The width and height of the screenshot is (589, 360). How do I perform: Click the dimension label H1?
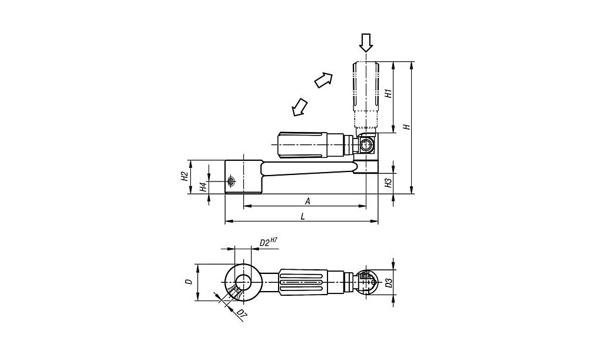[x=389, y=93]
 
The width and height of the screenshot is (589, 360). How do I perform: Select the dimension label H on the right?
[x=406, y=127]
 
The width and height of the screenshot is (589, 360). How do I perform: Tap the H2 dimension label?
[x=184, y=176]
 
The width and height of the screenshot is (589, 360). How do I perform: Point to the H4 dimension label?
[x=203, y=187]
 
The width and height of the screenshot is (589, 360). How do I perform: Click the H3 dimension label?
[x=389, y=183]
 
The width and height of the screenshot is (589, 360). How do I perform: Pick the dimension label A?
[x=307, y=202]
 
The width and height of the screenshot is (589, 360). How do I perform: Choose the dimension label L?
[x=303, y=216]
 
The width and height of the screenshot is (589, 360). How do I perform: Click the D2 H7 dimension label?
[x=269, y=242]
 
